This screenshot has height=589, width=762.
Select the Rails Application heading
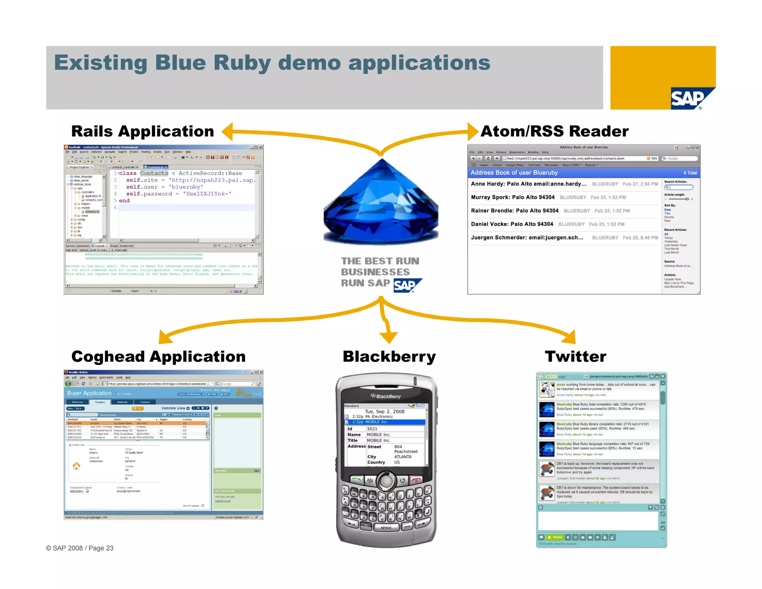(143, 131)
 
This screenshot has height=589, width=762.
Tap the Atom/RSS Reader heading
(554, 131)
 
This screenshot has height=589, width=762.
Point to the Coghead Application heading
(159, 357)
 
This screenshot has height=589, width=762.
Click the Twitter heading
(575, 357)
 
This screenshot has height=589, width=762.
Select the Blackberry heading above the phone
(389, 357)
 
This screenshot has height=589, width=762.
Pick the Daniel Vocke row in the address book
(512, 224)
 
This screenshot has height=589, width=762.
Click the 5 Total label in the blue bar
(690, 173)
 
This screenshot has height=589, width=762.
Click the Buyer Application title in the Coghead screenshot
(89, 393)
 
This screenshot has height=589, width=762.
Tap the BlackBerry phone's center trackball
(386, 481)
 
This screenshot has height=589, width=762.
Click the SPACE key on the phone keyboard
(386, 528)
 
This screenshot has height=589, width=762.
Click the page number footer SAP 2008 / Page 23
(80, 548)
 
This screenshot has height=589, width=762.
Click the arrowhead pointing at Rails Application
(228, 131)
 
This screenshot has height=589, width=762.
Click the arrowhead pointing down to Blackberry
(389, 338)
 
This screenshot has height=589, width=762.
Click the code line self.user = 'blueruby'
(164, 187)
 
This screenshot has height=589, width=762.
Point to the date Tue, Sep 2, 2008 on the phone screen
(384, 411)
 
